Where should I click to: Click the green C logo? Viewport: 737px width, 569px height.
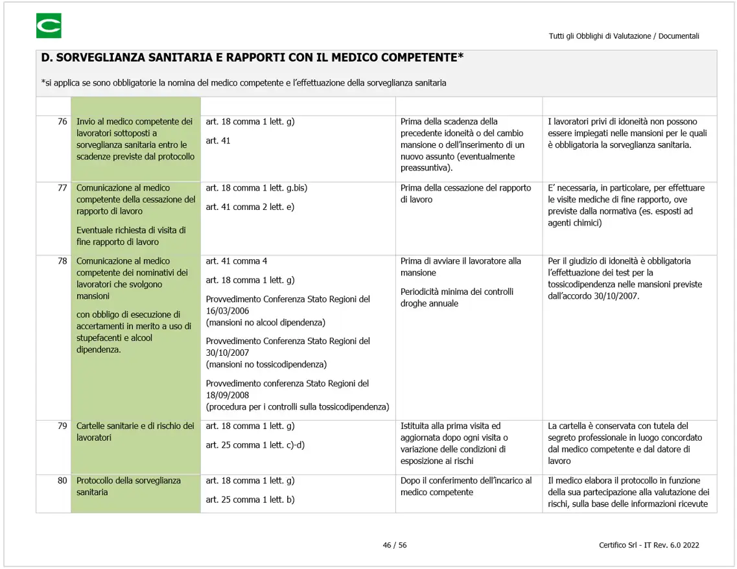coord(49,26)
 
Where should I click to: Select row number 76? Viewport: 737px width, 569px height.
coord(62,122)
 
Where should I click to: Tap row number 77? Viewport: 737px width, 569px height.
coord(62,188)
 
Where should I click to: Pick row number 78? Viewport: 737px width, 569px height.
coord(62,261)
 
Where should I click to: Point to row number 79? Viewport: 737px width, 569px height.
coord(62,426)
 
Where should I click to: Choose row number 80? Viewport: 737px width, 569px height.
coord(62,480)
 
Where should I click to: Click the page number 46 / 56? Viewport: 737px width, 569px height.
coord(394,545)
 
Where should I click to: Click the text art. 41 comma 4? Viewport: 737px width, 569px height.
coord(237,261)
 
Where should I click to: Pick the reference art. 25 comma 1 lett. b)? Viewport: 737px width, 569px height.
coord(250,500)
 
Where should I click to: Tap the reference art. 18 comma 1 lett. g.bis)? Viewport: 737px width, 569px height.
coord(256,188)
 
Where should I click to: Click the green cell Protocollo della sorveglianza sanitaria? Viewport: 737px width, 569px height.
coord(128,486)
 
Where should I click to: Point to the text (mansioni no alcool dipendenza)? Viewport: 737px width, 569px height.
coord(266,322)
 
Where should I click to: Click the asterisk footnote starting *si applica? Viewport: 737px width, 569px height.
coord(243,83)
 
